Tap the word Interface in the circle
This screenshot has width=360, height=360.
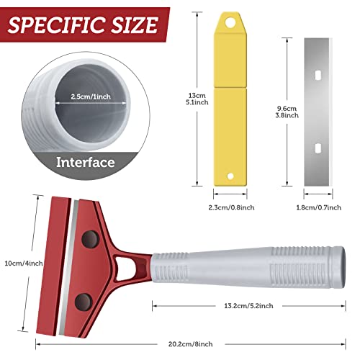(86, 163)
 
